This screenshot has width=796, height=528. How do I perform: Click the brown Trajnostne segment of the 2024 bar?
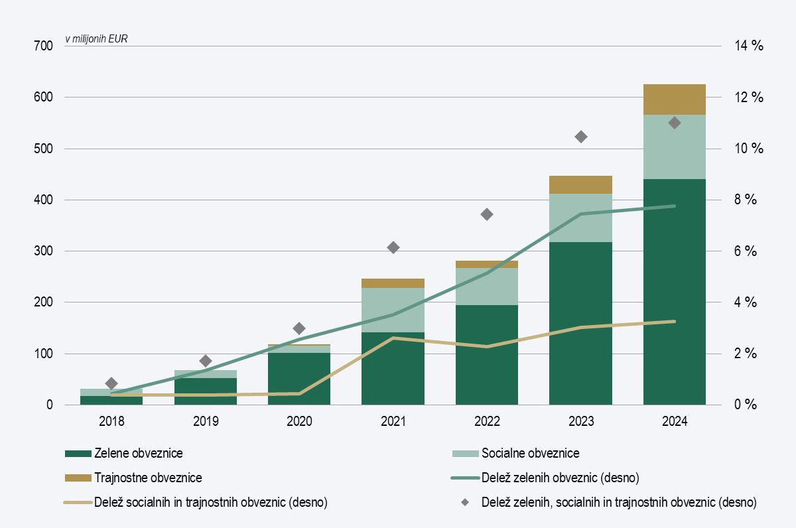[675, 99]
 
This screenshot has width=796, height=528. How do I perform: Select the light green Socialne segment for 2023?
[580, 218]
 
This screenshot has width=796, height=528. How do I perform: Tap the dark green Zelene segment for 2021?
[393, 368]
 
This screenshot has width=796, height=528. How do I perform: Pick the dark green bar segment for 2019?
[206, 391]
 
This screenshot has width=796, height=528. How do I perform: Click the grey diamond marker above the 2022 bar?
[487, 214]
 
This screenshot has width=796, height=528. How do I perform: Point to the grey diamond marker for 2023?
[581, 137]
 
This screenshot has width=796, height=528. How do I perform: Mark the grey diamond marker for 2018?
[111, 383]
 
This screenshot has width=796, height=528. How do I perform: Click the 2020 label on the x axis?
[298, 421]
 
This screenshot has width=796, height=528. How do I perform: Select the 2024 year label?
[675, 421]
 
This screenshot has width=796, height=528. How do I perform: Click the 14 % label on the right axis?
[749, 46]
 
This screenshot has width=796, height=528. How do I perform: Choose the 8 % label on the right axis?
[746, 200]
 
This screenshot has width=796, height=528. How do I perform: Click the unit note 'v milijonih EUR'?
[96, 38]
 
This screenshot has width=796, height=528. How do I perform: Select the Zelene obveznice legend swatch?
[77, 454]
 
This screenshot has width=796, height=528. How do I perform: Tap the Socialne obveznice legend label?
[530, 454]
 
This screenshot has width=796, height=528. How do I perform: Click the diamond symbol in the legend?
[465, 502]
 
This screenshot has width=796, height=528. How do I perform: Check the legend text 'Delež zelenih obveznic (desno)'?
[561, 478]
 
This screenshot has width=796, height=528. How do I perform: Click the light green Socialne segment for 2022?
[487, 287]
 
